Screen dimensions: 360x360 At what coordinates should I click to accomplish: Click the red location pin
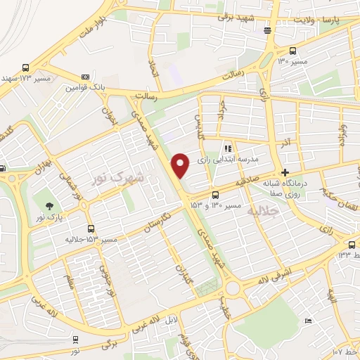(x=181, y=165)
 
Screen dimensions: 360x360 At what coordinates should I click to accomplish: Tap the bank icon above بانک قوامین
(x=86, y=77)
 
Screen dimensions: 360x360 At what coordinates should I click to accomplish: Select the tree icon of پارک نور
(x=49, y=205)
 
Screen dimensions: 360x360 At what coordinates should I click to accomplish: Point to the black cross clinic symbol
(x=285, y=172)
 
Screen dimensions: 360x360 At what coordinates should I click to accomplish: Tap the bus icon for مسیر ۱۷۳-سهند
(x=26, y=67)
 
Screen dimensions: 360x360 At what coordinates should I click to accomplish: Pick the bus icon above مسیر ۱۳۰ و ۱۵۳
(x=215, y=195)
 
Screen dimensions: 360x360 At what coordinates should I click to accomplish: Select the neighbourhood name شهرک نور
(x=118, y=178)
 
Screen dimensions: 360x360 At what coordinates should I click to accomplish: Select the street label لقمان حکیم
(x=339, y=191)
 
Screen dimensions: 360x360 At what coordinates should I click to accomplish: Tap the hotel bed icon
(x=308, y=321)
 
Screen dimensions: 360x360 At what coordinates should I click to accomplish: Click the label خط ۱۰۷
(x=345, y=350)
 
